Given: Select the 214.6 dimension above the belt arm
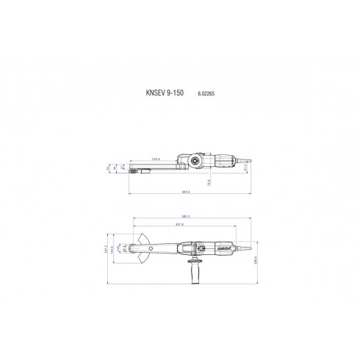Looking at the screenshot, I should click(156, 158).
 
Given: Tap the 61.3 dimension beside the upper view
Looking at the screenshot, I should click(246, 168).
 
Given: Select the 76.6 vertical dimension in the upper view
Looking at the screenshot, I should click(209, 179).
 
